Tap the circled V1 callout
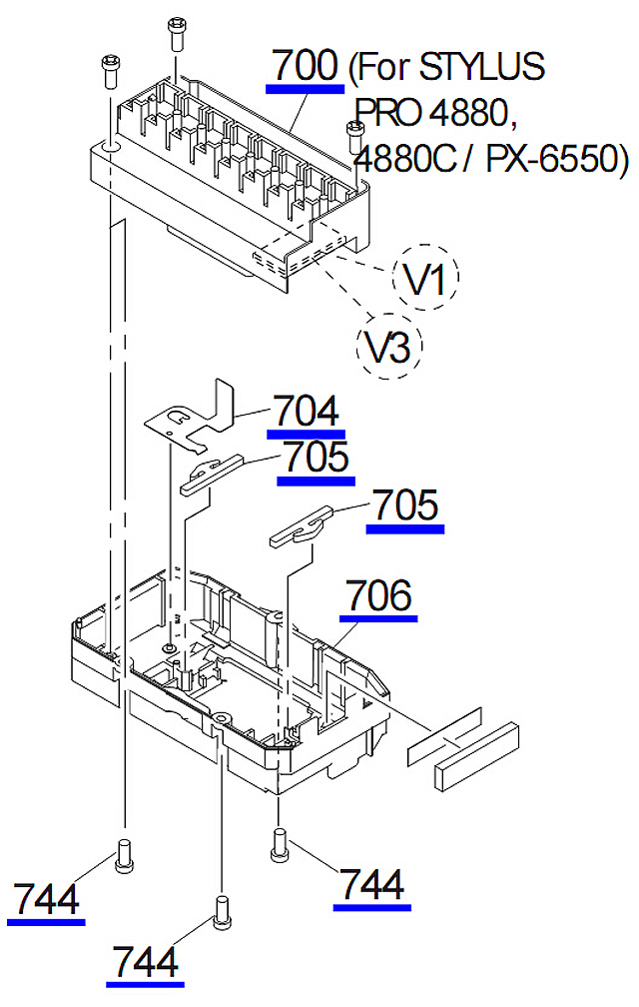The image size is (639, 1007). pos(426,279)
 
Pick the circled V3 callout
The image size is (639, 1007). pos(390,346)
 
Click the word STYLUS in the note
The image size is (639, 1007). pos(483,67)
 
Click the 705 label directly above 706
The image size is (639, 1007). pos(404,506)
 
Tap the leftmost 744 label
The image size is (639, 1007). pos(46,899)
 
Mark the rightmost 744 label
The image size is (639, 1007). pos(371,885)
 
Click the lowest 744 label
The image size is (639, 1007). pos(146,962)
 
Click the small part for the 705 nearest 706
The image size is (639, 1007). pos(299,526)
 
